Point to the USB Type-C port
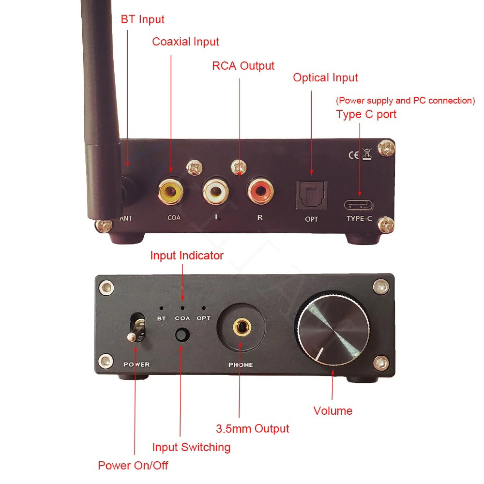coord(359,204)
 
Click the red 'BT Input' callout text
coord(142,20)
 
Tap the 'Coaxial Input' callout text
coord(185,42)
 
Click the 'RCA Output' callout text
coord(243,66)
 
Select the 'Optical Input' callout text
coord(325,78)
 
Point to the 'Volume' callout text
coord(333,411)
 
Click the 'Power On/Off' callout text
coord(133,466)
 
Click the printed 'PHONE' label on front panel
coord(241,365)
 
